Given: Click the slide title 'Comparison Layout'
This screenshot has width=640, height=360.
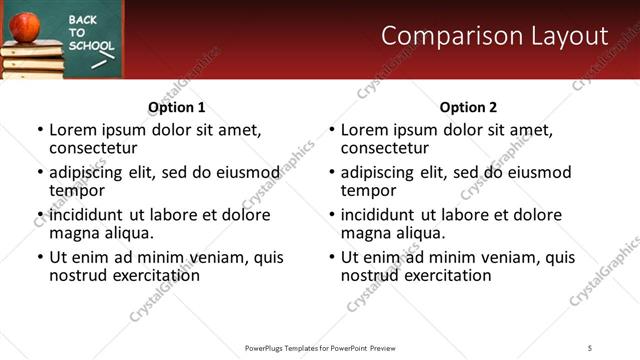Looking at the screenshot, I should coord(495,36).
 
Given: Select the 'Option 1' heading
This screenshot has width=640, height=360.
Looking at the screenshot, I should coord(177,107).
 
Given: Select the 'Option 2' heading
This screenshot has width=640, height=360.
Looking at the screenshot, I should coord(468,107).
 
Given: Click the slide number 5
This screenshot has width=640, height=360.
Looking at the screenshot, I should coord(590,348).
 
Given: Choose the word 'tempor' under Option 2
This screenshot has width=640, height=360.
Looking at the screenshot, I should coord(369,190).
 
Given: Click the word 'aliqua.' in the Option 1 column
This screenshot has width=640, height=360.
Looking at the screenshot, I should coord(126,233).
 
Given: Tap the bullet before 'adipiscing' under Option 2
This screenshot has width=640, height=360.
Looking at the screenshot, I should coord(330,172).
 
